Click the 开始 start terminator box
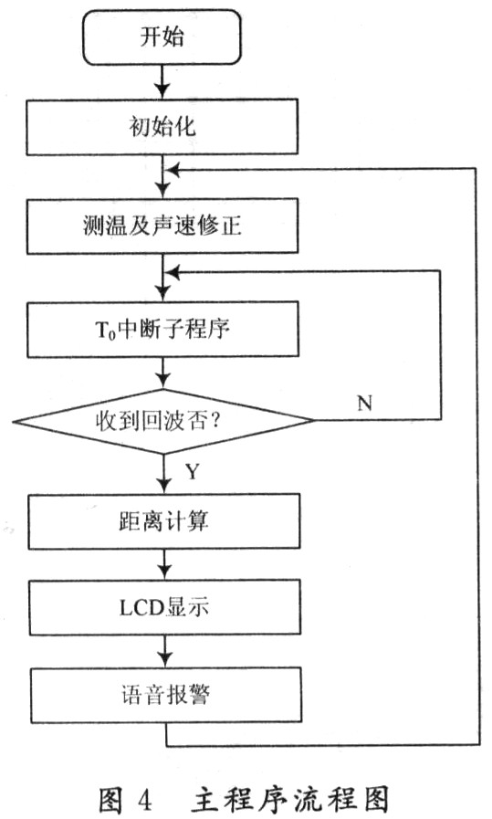click(x=162, y=37)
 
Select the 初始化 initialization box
click(x=162, y=127)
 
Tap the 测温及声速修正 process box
click(x=162, y=226)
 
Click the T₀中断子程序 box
click(x=163, y=330)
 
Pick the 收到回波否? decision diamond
click(x=163, y=421)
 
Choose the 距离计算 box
click(x=164, y=521)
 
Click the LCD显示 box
click(x=164, y=607)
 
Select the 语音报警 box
click(x=165, y=695)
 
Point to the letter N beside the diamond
click(x=364, y=403)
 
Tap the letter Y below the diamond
click(x=193, y=472)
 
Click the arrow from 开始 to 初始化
click(x=162, y=82)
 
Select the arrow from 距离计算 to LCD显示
click(x=164, y=564)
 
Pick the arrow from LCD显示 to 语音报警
click(x=165, y=651)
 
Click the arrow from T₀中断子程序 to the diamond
click(x=163, y=373)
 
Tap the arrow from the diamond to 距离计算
click(x=164, y=474)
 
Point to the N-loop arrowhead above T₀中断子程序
click(x=172, y=271)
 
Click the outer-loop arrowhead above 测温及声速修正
click(x=172, y=169)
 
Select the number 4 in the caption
click(x=144, y=799)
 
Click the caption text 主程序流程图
click(x=290, y=799)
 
